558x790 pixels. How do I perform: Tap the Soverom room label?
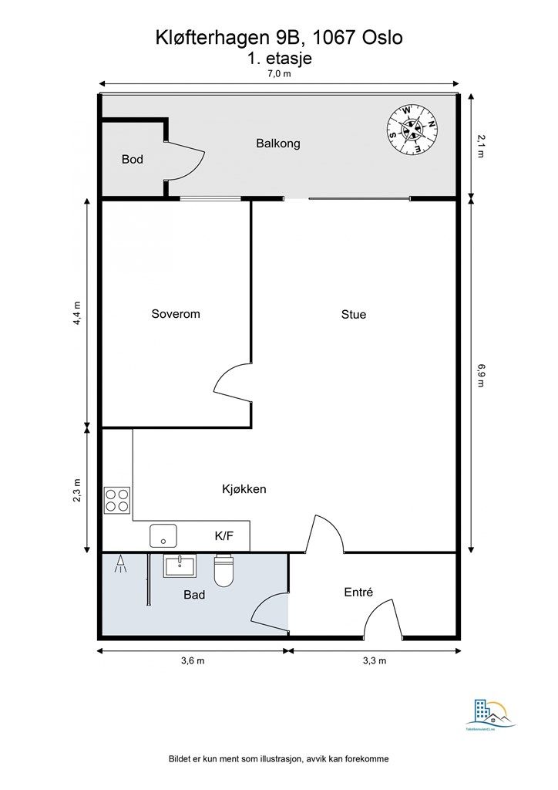[176, 314]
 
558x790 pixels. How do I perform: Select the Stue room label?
[354, 314]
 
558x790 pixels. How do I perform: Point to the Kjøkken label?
[244, 488]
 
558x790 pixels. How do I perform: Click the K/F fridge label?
[224, 535]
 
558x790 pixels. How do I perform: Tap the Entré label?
[358, 592]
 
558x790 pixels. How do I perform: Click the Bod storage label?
[133, 160]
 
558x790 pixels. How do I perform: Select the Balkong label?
[277, 143]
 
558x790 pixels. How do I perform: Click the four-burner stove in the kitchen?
[117, 500]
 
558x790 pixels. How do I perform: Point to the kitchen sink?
[163, 535]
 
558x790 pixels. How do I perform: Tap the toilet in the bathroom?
[224, 570]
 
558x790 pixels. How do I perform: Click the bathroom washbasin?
[180, 565]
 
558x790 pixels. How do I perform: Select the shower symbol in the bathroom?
[120, 565]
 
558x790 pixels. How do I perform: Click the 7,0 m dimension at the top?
[279, 74]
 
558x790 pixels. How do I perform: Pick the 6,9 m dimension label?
[481, 375]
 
